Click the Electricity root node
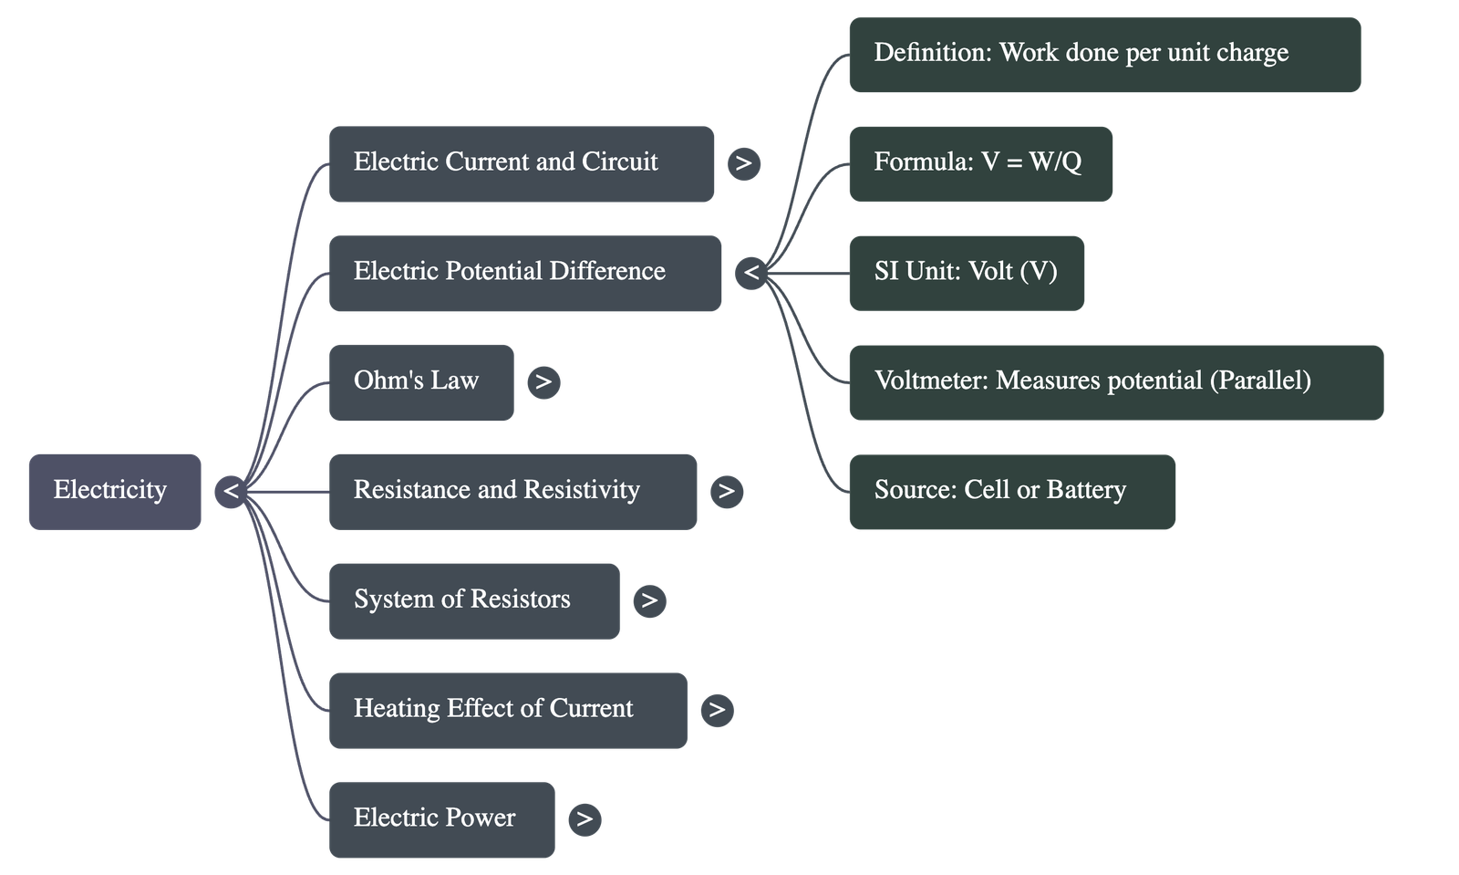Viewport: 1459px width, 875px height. [x=114, y=491]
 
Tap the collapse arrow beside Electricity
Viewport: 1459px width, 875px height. [x=231, y=491]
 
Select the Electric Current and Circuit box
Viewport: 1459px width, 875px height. [x=521, y=163]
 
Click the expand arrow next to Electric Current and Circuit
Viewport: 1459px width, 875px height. [x=743, y=163]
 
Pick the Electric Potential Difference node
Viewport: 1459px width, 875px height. [x=524, y=273]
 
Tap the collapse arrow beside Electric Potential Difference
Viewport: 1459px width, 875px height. [x=750, y=273]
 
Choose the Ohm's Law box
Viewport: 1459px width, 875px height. [x=420, y=381]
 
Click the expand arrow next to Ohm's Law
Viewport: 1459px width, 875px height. [x=543, y=381]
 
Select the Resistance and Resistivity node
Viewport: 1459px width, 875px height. [x=512, y=491]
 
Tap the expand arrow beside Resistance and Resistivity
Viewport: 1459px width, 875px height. [x=726, y=491]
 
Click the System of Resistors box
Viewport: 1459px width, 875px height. [x=474, y=600]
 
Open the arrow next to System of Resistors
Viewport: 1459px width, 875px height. [x=649, y=600]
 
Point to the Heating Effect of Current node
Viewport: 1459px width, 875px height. [x=508, y=710]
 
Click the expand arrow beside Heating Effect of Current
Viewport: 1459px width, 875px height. [x=717, y=710]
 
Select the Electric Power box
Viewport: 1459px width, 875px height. [x=441, y=818]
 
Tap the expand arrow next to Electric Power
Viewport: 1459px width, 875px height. [x=585, y=818]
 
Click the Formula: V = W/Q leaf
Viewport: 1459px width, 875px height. [x=979, y=163]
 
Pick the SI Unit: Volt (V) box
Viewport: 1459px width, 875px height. [x=967, y=273]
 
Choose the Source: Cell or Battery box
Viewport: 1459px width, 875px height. [x=1011, y=491]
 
